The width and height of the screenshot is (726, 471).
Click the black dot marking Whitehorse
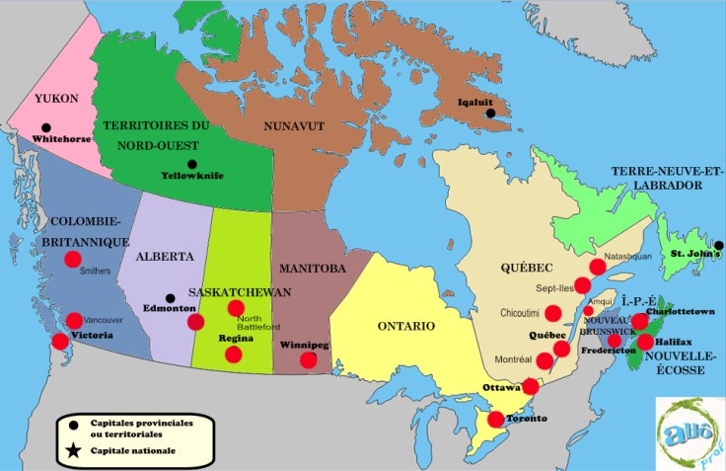pyautogui.click(x=45, y=127)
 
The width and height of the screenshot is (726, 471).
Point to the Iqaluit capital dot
pyautogui.click(x=490, y=114)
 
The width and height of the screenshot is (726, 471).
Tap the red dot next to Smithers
pyautogui.click(x=71, y=260)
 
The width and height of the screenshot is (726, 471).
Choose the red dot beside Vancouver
pyautogui.click(x=74, y=320)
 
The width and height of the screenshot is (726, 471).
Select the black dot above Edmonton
pyautogui.click(x=170, y=297)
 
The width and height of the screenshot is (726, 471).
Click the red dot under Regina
pyautogui.click(x=233, y=355)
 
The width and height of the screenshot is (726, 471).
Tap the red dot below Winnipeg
pyautogui.click(x=307, y=360)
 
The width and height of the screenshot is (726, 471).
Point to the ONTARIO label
pyautogui.click(x=404, y=327)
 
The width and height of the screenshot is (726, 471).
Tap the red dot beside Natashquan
pyautogui.click(x=597, y=267)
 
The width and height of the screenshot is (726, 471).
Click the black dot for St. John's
pyautogui.click(x=718, y=245)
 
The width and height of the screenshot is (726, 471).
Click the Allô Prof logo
pyautogui.click(x=689, y=432)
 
